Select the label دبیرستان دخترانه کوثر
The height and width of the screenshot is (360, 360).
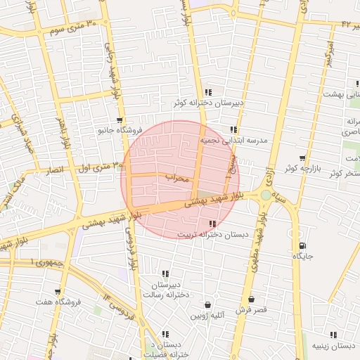click(x=210, y=103)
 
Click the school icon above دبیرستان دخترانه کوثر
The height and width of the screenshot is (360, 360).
click(x=207, y=92)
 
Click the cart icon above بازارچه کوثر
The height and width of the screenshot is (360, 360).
click(x=302, y=158)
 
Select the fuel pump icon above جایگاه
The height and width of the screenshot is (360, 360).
click(x=302, y=246)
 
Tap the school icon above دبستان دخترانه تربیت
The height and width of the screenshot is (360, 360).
click(x=212, y=224)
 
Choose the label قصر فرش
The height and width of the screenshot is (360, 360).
click(x=251, y=310)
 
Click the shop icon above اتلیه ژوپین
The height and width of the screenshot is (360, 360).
click(x=207, y=304)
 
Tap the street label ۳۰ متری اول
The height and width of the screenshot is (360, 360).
click(x=99, y=167)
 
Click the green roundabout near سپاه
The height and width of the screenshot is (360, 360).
click(x=265, y=195)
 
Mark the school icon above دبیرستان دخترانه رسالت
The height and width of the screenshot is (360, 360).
click(x=165, y=274)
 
